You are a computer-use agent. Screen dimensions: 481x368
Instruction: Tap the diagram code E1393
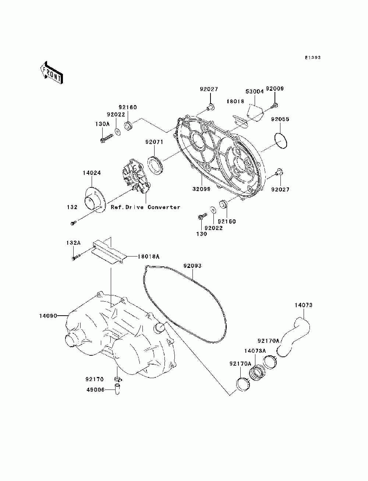point(313,58)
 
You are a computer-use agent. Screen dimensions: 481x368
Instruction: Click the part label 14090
point(48,315)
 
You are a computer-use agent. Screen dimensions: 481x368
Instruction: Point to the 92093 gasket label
point(193,266)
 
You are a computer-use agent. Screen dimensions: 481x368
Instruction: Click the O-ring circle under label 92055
point(281,141)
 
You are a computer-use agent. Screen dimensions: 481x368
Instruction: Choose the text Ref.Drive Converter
point(146,207)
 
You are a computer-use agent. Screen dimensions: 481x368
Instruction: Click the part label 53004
point(255,91)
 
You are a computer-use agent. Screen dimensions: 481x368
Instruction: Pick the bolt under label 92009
point(275,106)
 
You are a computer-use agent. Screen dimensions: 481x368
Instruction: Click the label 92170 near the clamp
point(95,379)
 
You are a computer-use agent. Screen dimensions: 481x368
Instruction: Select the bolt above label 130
point(201,217)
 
